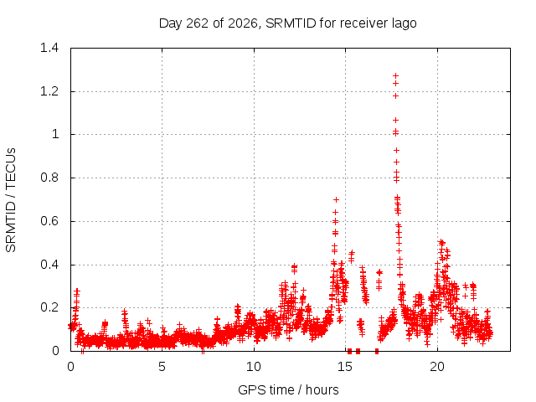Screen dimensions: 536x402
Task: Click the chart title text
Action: (288, 23)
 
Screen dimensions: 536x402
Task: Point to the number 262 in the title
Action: (198, 23)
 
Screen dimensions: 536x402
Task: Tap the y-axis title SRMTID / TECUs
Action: (11, 200)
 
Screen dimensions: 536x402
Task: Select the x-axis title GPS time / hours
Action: (288, 389)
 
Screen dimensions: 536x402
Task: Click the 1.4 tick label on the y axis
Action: (49, 48)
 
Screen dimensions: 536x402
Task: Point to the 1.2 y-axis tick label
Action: (49, 91)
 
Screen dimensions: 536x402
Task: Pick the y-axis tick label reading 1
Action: (55, 134)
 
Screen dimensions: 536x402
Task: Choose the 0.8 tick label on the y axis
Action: (49, 178)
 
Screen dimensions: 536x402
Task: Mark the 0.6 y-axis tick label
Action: (49, 221)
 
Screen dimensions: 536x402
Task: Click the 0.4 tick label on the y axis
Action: (49, 265)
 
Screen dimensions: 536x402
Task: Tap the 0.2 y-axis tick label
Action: (49, 307)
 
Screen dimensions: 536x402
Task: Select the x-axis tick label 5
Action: (162, 367)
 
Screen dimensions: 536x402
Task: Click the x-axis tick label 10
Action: (254, 367)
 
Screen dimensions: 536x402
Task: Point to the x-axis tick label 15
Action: (345, 367)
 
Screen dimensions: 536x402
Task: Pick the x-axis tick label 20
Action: (437, 367)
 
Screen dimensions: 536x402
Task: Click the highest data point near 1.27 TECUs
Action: (395, 75)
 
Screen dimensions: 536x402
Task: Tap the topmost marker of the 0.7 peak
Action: (336, 199)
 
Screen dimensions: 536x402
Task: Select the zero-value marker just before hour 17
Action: (377, 351)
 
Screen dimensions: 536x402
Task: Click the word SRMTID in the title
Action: (291, 23)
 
